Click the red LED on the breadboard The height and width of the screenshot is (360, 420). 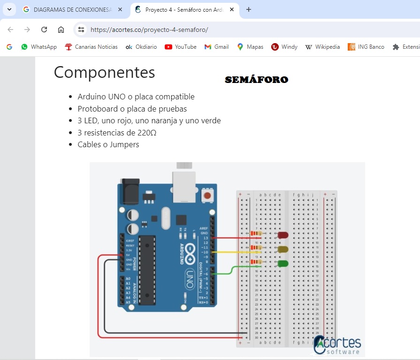[283, 235]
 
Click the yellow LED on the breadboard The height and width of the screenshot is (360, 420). [283, 249]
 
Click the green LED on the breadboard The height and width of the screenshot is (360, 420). [283, 263]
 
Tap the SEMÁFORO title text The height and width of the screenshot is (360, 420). [256, 80]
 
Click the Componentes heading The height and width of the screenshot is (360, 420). [104, 72]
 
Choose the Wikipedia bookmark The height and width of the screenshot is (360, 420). [322, 47]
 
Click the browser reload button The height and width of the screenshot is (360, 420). [44, 30]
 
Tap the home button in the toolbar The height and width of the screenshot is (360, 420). [61, 30]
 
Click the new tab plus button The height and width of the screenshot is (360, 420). [249, 9]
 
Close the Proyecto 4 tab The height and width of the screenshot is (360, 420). [232, 9]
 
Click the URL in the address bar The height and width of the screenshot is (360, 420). [149, 30]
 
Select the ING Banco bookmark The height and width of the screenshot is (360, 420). [366, 47]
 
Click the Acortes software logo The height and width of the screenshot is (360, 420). [337, 345]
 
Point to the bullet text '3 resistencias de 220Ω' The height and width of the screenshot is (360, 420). [117, 133]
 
